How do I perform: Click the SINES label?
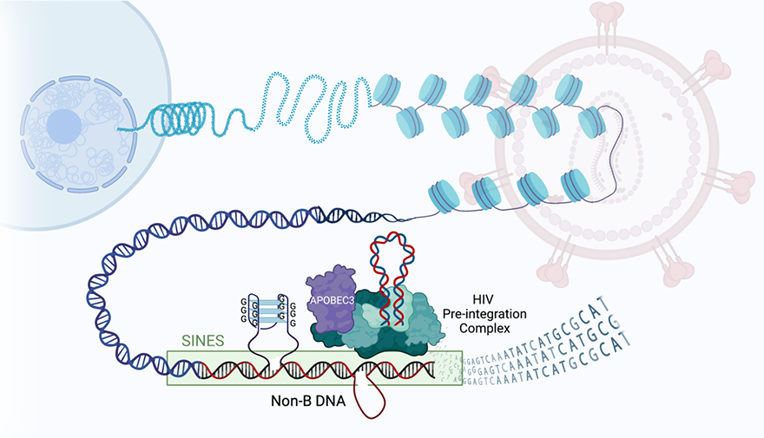pyautogui.click(x=201, y=341)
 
